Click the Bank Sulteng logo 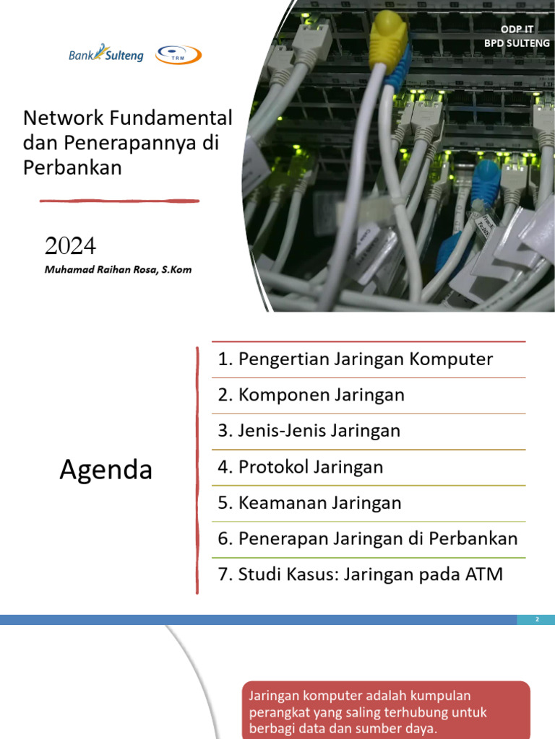(x=106, y=54)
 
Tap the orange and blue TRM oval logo (x=178, y=55)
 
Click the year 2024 (x=70, y=246)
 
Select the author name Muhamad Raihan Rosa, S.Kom (x=118, y=270)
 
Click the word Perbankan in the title (x=73, y=167)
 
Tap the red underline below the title (x=119, y=201)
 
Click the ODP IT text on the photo (x=517, y=30)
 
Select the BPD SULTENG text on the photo (x=517, y=43)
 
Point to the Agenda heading (x=106, y=470)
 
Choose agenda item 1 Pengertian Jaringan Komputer (x=356, y=359)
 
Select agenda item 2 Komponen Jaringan (x=311, y=395)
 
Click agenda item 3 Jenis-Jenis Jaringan (x=309, y=431)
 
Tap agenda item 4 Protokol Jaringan (x=300, y=467)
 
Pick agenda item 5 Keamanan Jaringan (x=309, y=503)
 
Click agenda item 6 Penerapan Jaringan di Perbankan (x=368, y=538)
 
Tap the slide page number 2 (x=537, y=620)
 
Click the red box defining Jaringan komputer (x=384, y=712)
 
